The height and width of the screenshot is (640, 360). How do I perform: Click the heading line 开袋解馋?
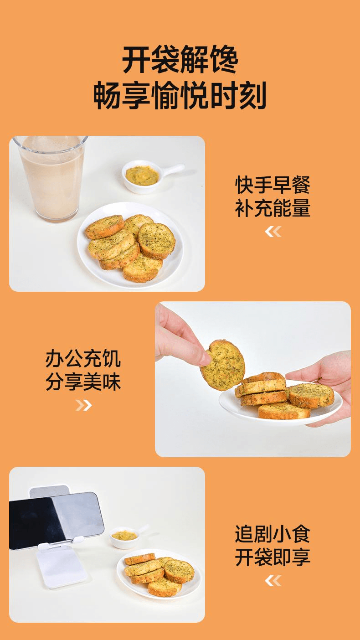click(180, 59)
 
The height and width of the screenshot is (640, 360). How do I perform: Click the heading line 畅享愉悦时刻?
click(180, 96)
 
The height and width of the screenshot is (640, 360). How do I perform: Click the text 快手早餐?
click(273, 186)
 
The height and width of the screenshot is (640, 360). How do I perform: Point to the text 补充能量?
click(273, 208)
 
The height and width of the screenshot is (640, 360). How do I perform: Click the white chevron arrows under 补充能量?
click(273, 232)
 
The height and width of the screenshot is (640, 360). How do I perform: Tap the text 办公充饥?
click(83, 359)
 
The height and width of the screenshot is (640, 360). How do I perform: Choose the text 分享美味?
click(83, 382)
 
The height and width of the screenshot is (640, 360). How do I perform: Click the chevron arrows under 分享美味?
click(83, 405)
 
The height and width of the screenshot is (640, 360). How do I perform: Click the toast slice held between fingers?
click(223, 365)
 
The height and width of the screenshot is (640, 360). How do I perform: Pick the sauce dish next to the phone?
click(124, 537)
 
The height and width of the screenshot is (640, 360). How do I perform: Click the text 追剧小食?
click(273, 534)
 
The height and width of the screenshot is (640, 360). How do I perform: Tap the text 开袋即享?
click(273, 557)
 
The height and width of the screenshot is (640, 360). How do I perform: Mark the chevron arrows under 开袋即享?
click(273, 580)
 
